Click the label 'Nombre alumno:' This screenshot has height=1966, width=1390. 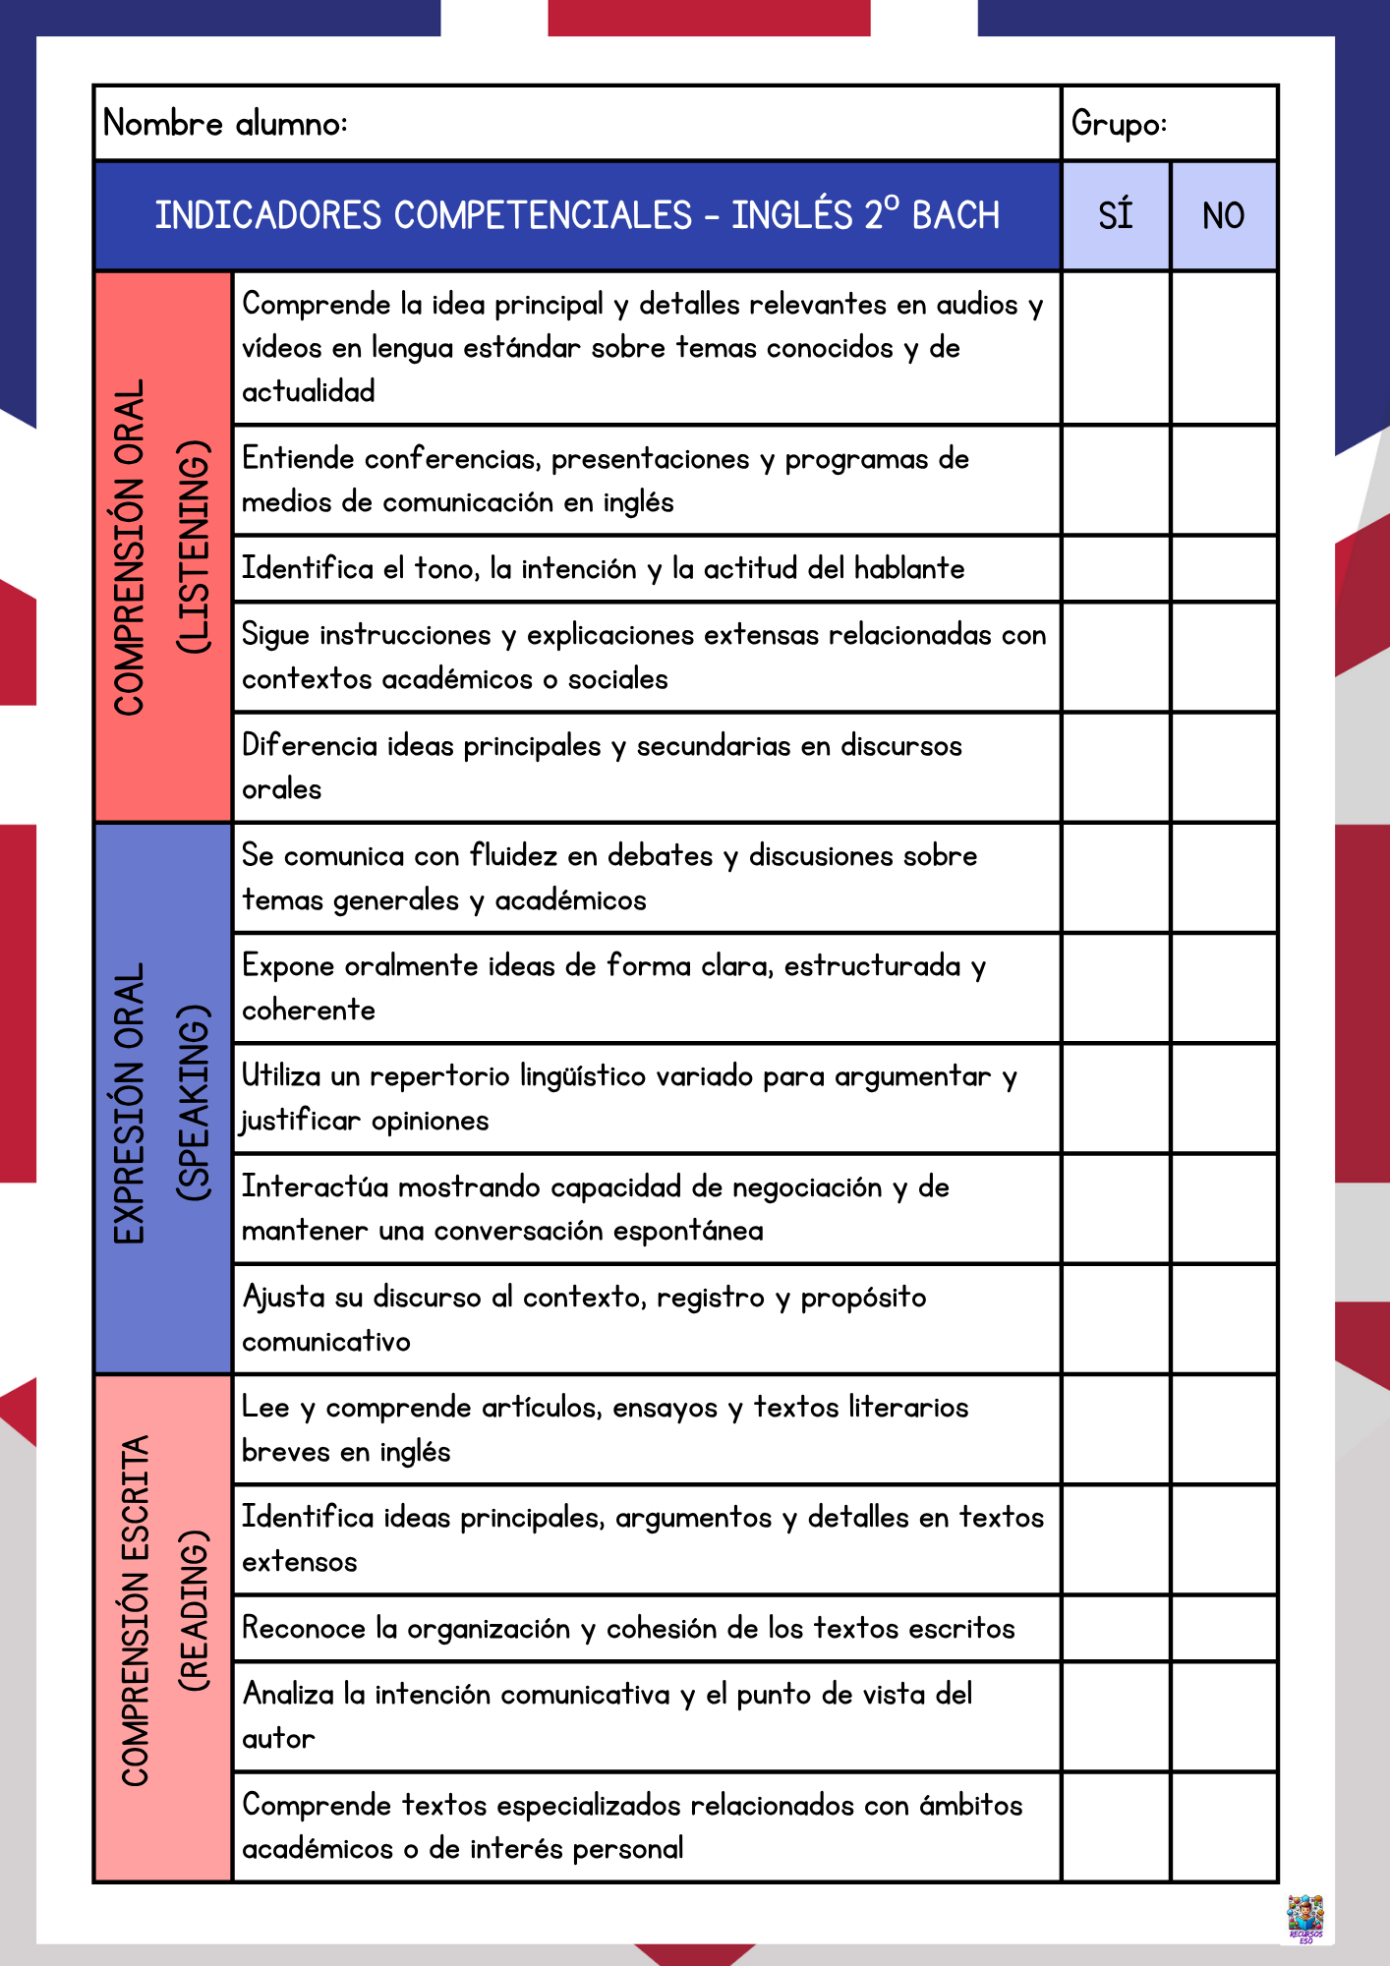click(225, 124)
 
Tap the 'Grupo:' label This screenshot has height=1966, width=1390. click(1119, 124)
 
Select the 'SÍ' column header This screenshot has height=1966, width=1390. click(1116, 215)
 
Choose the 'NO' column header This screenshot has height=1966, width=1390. click(1224, 215)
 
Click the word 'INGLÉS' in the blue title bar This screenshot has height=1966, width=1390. click(791, 215)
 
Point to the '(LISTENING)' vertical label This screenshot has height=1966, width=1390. click(194, 548)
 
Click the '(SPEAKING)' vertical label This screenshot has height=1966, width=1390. click(194, 1102)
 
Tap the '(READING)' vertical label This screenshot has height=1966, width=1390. click(194, 1610)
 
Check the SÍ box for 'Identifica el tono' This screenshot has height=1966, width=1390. click(1116, 569)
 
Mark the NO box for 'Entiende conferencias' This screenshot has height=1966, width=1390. click(1224, 481)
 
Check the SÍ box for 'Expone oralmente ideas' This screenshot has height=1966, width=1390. click(1116, 988)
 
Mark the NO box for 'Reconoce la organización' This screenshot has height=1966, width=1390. click(1224, 1628)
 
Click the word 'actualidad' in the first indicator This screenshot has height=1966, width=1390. click(309, 392)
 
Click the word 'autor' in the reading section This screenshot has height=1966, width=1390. click(278, 1739)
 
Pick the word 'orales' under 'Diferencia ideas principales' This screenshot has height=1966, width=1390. click(282, 789)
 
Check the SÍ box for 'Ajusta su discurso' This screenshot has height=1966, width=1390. click(1116, 1319)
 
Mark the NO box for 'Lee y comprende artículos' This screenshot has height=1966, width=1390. click(1224, 1429)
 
